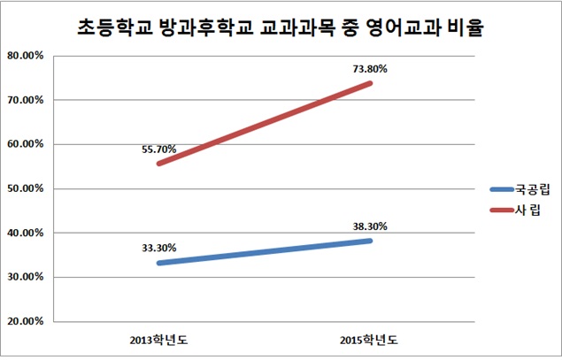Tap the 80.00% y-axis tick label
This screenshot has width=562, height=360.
[x=25, y=56]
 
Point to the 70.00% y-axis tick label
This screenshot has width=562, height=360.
[x=25, y=100]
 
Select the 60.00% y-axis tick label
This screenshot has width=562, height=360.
[x=25, y=144]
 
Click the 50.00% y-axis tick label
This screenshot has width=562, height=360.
[x=25, y=188]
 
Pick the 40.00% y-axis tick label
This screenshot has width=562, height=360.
[x=25, y=233]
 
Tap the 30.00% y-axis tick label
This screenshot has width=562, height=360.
[x=25, y=277]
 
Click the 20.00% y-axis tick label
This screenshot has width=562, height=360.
[x=25, y=321]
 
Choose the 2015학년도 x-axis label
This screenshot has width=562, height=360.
[x=371, y=340]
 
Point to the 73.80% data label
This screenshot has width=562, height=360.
[x=370, y=68]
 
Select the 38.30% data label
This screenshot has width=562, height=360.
[x=370, y=226]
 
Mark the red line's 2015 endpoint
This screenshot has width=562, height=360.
[x=371, y=83]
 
